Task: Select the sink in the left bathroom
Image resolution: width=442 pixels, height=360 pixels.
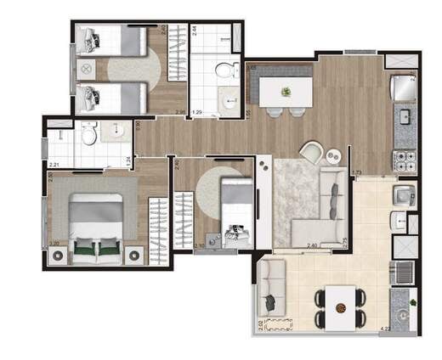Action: pos(115,132)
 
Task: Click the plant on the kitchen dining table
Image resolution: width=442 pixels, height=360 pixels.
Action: pos(286,91)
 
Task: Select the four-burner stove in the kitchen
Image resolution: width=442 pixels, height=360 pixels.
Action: pos(403,158)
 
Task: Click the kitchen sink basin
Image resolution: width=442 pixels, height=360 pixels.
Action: pos(405,115)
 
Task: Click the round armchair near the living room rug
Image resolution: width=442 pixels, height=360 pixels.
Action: pos(312,152)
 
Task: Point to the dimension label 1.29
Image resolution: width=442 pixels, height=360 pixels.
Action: pos(196,112)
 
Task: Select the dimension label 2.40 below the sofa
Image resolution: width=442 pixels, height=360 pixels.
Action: pos(312,246)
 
